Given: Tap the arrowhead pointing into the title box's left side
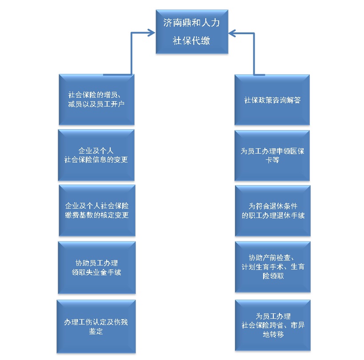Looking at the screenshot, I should (x=151, y=32).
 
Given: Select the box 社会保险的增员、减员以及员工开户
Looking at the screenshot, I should (x=96, y=99).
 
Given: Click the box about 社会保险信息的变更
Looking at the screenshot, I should (x=96, y=155).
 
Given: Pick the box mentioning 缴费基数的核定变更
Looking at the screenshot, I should (x=96, y=211).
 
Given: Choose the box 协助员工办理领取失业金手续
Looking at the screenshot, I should (x=96, y=267).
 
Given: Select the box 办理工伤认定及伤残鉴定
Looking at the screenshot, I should (x=96, y=326).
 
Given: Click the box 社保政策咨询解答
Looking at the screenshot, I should (x=272, y=100).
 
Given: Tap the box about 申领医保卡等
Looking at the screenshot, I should (x=272, y=155).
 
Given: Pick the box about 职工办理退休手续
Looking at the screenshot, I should (x=272, y=211).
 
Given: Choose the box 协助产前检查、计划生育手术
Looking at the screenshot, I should (x=272, y=267).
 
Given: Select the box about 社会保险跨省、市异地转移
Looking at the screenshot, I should (x=272, y=325).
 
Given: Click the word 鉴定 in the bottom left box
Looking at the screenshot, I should (x=96, y=331).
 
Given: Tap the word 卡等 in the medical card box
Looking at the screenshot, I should (x=272, y=160).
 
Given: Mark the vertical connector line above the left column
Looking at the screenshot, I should (x=132, y=53).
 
